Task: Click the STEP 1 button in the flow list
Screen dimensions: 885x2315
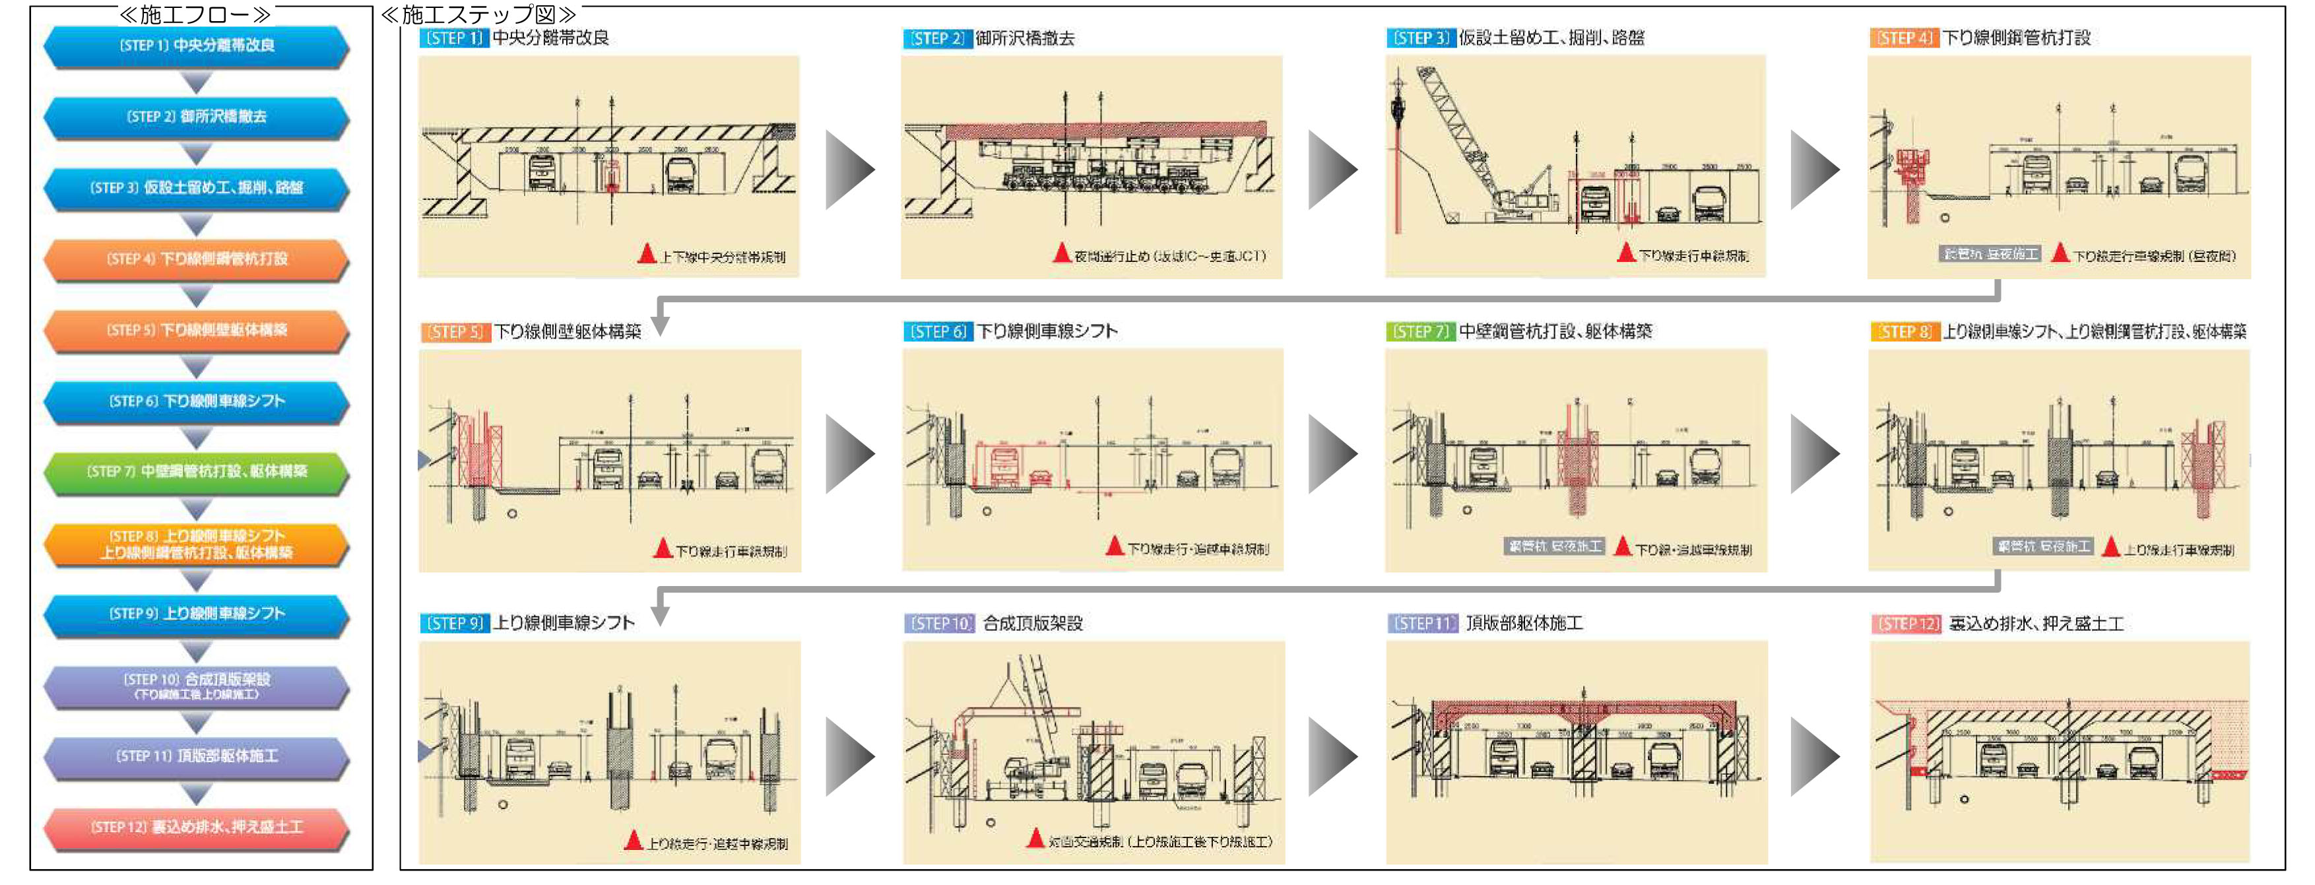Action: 196,46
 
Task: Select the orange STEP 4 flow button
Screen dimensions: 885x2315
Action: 196,259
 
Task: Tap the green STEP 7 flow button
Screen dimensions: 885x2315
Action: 196,472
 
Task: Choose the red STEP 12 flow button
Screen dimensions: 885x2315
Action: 196,827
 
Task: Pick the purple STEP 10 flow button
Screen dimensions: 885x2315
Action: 196,686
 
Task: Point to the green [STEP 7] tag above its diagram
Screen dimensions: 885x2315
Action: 1420,331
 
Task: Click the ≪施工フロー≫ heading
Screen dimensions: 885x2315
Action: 195,15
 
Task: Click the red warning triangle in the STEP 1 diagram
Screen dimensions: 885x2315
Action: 647,253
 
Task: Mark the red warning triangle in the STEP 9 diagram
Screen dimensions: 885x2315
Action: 634,840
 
